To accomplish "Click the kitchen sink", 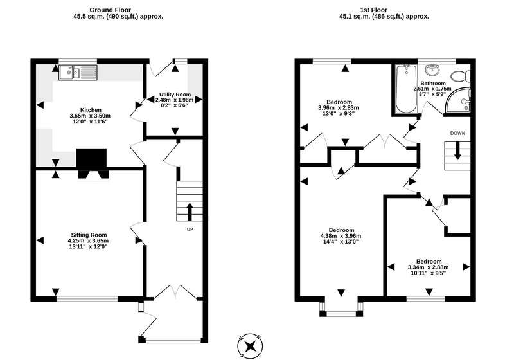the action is click(78, 73).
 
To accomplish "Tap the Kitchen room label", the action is click(91, 110).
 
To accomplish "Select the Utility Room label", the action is click(175, 94).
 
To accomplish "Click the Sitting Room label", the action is click(89, 235).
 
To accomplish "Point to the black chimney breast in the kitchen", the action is click(91, 158).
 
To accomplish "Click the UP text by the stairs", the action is click(190, 230).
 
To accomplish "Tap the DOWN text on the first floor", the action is click(457, 133).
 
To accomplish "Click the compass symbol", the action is click(251, 346).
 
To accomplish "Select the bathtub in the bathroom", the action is click(406, 89).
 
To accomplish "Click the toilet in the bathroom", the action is click(461, 76).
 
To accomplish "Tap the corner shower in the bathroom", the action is click(458, 100).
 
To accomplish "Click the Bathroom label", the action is click(433, 84).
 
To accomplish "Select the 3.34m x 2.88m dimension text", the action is click(429, 267).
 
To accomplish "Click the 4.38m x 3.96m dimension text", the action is click(341, 236).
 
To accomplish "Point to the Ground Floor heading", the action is click(110, 10).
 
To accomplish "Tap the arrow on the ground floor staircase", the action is click(190, 212).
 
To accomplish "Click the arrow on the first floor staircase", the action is click(457, 151).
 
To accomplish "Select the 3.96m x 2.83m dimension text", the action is click(339, 107).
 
